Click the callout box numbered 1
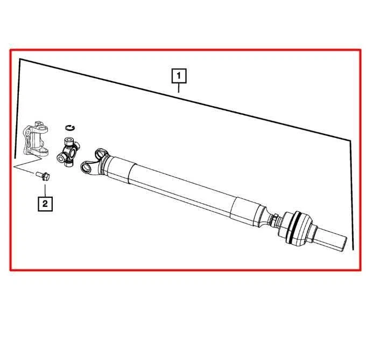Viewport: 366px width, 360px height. [179, 76]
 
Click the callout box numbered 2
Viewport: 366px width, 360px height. [45, 203]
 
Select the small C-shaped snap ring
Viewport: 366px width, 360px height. [69, 127]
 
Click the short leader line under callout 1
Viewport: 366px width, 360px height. [179, 88]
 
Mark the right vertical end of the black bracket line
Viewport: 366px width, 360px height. [352, 194]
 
